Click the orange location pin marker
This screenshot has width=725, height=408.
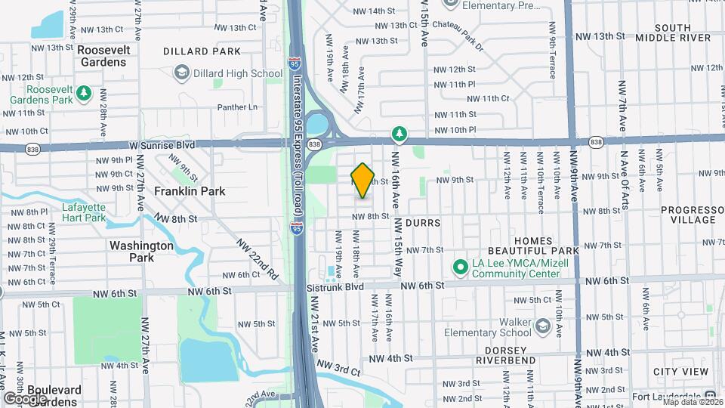coord(363,180)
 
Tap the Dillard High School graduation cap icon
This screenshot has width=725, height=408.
coord(181,73)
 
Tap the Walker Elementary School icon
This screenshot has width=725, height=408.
coord(542,326)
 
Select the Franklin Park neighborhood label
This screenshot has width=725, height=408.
coord(190,191)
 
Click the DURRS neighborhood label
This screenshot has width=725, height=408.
coord(421,224)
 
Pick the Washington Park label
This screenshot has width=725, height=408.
coord(142,251)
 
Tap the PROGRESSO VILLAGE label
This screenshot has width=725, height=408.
coord(687,215)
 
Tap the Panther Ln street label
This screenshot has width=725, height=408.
coord(238,107)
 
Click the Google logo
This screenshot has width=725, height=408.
coord(25,398)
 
